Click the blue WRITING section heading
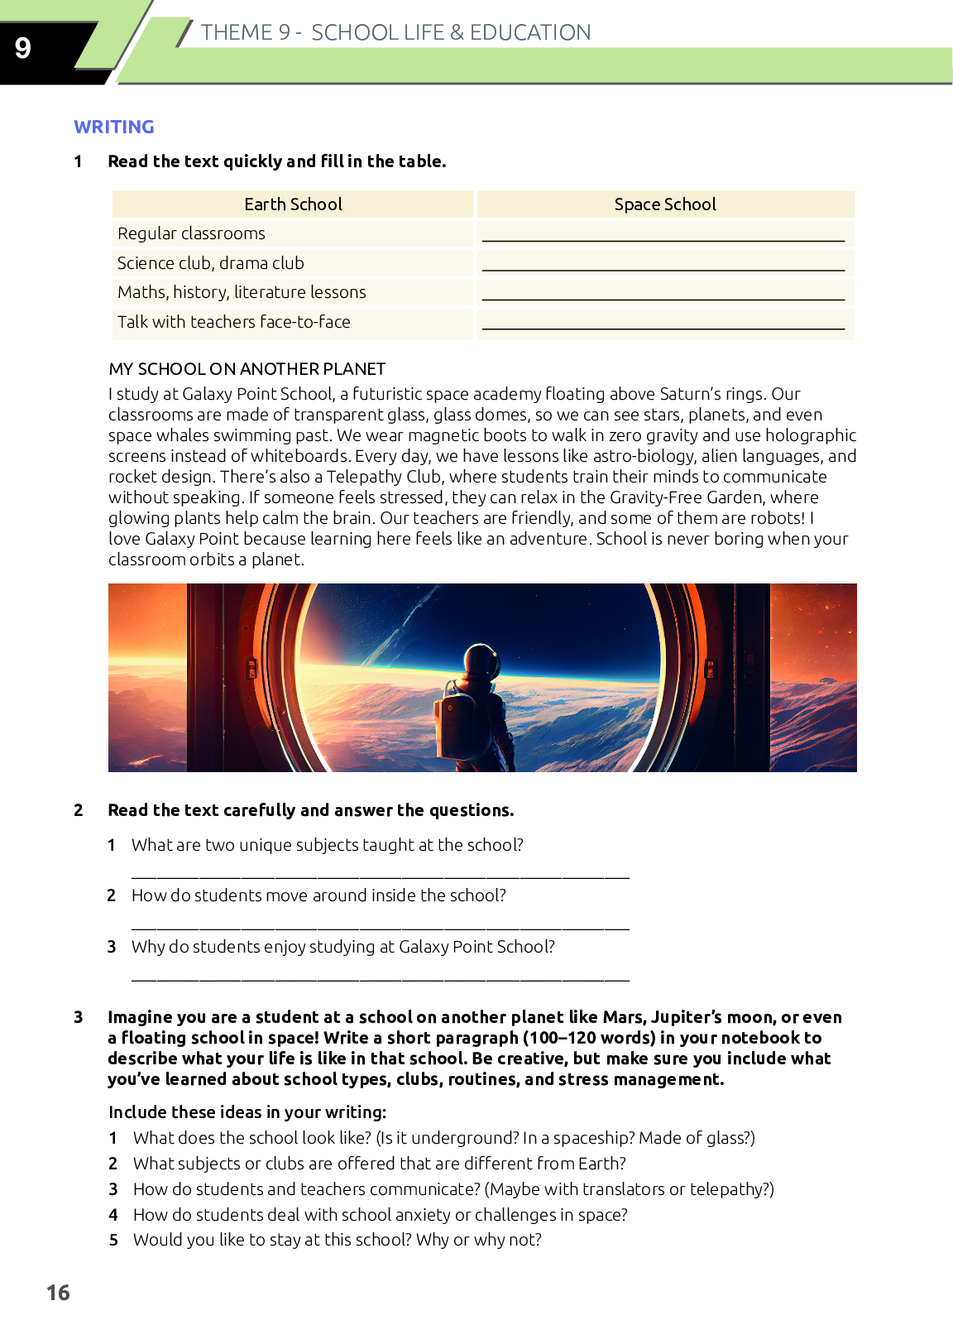[114, 127]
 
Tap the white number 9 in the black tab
[23, 48]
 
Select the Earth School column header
[293, 204]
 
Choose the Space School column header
[665, 204]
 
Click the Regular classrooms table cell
[191, 233]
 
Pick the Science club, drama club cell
[211, 263]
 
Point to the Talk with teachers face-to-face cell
[234, 322]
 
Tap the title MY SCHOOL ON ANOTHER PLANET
[247, 369]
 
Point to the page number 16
[58, 1293]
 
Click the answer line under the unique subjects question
[381, 875]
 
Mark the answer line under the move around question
[381, 926]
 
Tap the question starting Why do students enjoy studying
[342, 947]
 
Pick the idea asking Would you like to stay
[338, 1240]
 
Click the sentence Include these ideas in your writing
[247, 1112]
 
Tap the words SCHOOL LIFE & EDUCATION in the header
[451, 32]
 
